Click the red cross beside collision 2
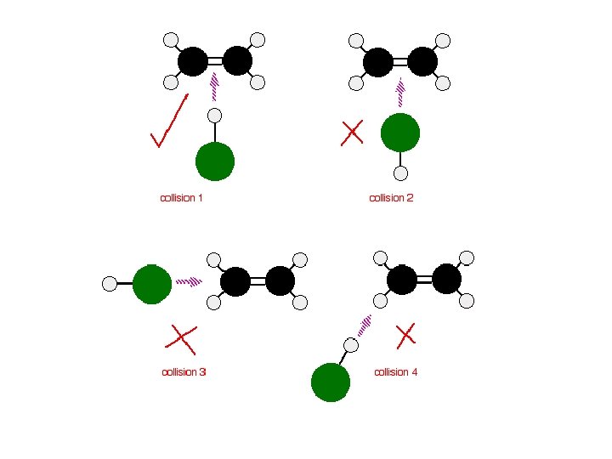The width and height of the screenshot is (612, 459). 352,132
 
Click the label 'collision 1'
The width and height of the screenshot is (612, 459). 181,198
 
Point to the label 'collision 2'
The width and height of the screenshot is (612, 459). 391,198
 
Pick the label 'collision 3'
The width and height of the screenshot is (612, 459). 184,372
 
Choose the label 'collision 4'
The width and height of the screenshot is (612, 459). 396,372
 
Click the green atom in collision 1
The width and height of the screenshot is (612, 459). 215,161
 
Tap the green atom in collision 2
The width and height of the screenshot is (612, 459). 400,132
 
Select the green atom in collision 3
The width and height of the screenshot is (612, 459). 152,284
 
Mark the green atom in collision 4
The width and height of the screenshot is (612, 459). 331,382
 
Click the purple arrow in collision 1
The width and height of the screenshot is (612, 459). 214,85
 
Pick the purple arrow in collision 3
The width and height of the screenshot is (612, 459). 189,281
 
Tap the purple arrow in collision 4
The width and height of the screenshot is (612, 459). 365,324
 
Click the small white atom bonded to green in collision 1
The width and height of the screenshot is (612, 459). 215,116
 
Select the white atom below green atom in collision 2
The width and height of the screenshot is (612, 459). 401,173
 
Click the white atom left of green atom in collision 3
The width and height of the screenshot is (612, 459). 110,284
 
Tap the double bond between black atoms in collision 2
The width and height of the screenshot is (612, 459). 399,62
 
